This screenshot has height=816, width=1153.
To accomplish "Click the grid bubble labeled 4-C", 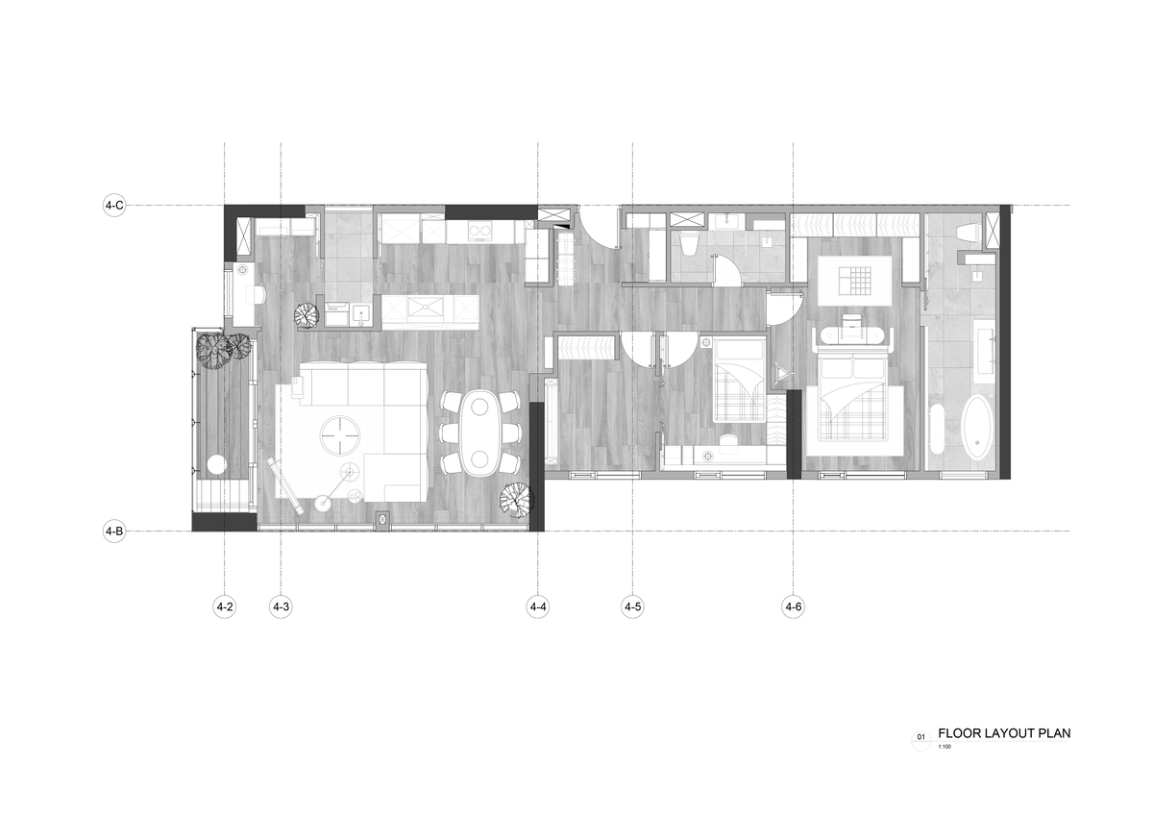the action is point(114,206).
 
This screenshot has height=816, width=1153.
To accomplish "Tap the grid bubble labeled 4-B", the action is point(114,532).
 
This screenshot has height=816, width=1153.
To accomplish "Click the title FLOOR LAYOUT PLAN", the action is point(1004,733).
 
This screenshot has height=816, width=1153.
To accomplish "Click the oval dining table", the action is point(480,433).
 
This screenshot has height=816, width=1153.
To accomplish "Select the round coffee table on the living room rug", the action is point(340,435).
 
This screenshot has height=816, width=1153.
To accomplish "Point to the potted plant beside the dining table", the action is point(517,500).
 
